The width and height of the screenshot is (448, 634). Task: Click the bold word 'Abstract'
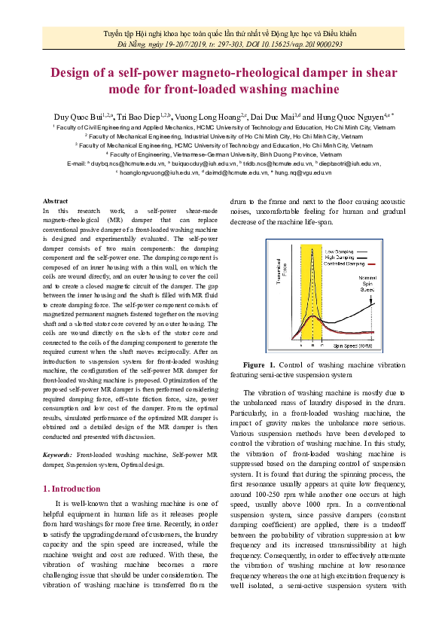(x=56, y=201)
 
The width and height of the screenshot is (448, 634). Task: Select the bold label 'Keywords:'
(x=57, y=455)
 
